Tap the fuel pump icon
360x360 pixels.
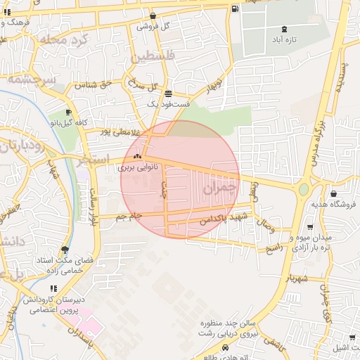pos(234,8)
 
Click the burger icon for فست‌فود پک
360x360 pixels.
pos(167,94)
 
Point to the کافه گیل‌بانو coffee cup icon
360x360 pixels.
pos(68,112)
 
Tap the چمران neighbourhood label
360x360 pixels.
pos(219,188)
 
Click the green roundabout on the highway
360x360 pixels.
pos(304,189)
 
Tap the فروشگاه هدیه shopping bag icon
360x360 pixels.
pos(333,194)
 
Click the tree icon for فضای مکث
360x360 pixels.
pos(65,250)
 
